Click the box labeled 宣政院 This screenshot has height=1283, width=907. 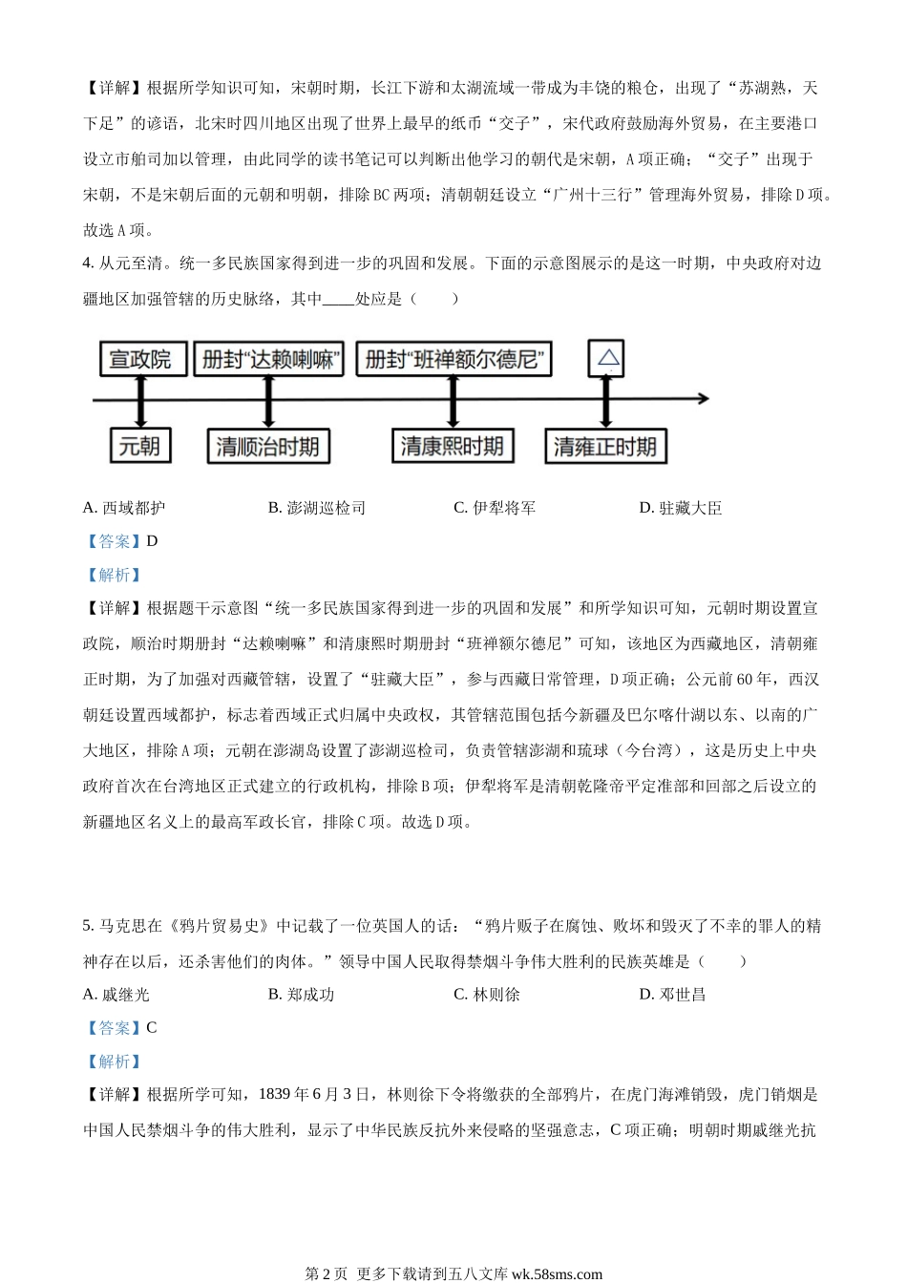click(143, 359)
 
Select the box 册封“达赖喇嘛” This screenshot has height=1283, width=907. click(268, 359)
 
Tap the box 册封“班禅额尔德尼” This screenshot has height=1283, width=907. click(453, 359)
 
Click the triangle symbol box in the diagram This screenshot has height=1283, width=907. click(606, 359)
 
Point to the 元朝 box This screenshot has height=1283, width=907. click(140, 446)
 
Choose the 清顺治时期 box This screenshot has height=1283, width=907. click(268, 446)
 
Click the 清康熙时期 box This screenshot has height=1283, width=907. click(453, 446)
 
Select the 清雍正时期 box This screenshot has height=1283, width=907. click(605, 446)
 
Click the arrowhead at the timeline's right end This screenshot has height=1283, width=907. click(704, 399)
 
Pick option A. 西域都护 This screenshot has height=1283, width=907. click(124, 508)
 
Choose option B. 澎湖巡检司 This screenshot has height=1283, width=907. click(317, 508)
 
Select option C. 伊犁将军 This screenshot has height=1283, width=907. click(495, 508)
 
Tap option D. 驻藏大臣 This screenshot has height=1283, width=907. click(681, 508)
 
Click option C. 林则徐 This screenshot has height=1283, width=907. click(487, 995)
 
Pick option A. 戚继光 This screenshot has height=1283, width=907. click(116, 995)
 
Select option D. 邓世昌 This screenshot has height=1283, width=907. click(672, 995)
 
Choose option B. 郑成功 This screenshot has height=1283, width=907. click(302, 995)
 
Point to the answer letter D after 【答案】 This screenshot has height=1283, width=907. click(152, 541)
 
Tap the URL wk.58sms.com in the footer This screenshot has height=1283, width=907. click(557, 1273)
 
